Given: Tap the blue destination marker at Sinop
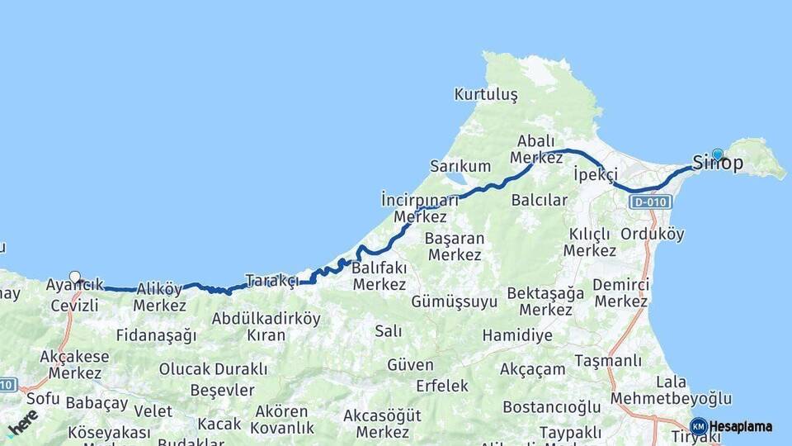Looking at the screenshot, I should pos(718,154).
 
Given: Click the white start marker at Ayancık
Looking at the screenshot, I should pos(75,278).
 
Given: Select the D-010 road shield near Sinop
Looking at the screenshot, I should pos(650,202).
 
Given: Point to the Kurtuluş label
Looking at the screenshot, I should pos(486,95).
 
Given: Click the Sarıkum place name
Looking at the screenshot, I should pos(460,166).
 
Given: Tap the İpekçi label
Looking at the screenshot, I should pos(595,174).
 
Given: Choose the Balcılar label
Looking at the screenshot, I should pos(540,200).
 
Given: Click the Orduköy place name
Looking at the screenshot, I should pos(652,234).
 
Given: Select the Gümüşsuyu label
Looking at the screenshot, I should pos(454,302).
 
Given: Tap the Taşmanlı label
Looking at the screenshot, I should pos(607,361).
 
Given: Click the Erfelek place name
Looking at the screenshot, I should pos(442,386).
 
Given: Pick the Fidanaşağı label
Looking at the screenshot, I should pos(157,336).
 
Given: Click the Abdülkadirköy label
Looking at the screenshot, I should pos(266,318).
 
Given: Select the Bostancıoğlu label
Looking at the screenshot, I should pos(552,408).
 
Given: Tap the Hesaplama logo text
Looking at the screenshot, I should pos(740,427).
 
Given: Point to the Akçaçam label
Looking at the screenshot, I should pos(532,369).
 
